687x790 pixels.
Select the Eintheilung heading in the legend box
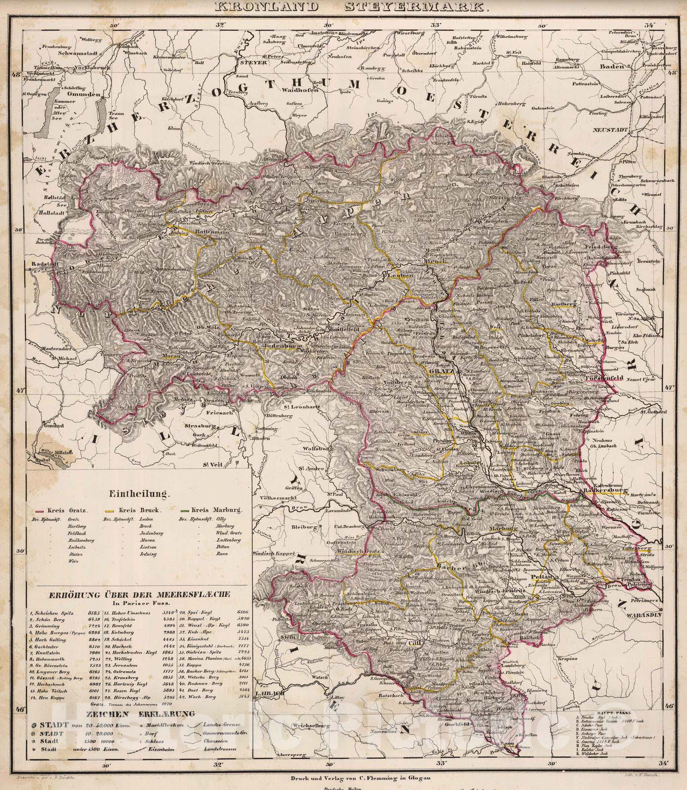[137, 492]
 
